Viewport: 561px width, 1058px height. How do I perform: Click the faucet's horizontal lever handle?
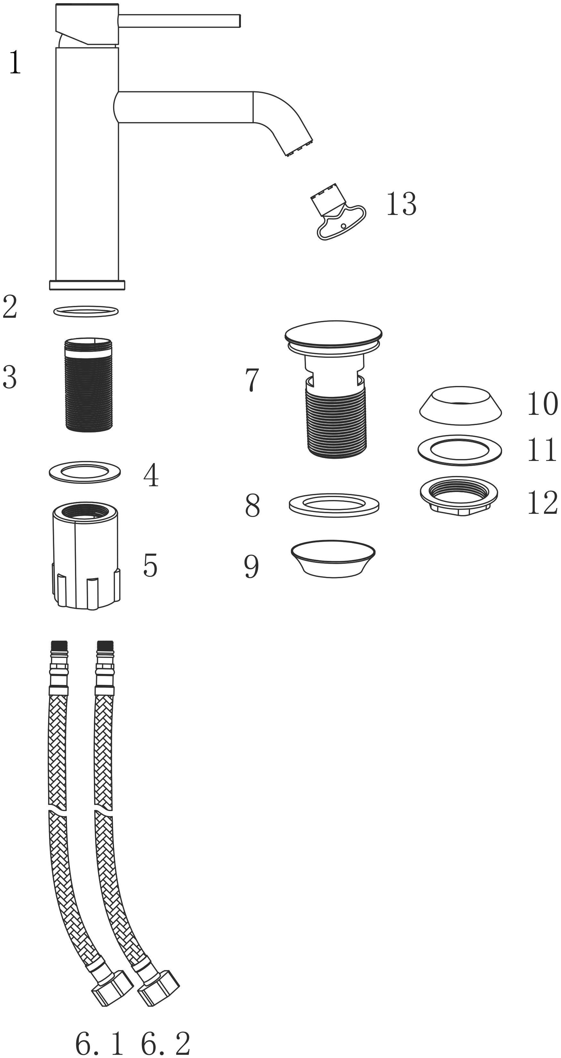click(179, 21)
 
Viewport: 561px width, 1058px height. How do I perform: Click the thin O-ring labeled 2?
click(86, 311)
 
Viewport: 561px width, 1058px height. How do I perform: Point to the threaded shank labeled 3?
click(89, 384)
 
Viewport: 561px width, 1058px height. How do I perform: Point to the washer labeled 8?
click(334, 505)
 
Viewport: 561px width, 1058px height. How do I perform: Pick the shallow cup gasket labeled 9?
click(333, 559)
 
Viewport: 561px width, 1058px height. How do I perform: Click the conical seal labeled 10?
click(460, 404)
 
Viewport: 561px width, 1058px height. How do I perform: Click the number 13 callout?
click(401, 204)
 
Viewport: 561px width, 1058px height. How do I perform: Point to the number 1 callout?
click(15, 62)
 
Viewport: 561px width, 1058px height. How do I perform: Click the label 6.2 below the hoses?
click(166, 1044)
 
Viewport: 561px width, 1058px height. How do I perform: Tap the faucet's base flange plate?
click(87, 285)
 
